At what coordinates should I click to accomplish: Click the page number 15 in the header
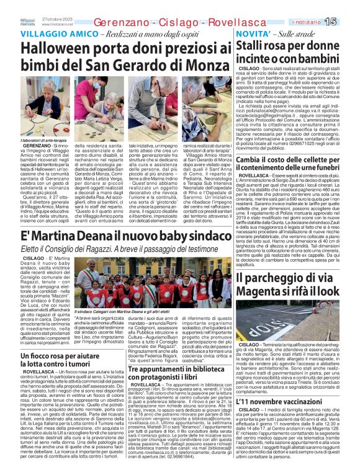pos(348,22)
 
